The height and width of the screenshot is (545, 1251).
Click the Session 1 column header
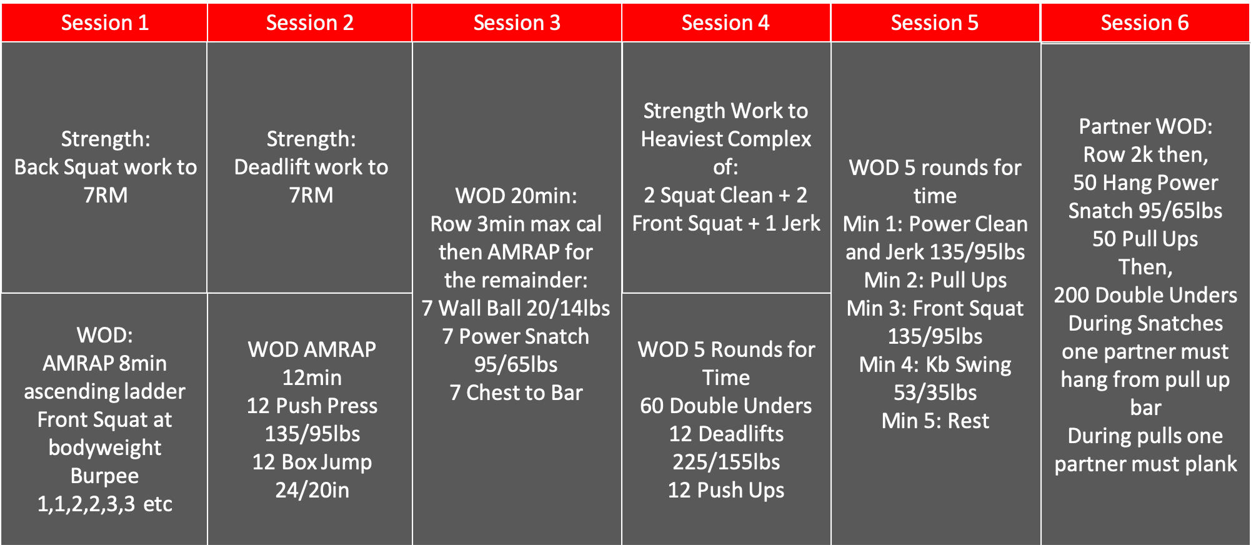click(x=104, y=23)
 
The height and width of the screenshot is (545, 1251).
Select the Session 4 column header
click(x=725, y=23)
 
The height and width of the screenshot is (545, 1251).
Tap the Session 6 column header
click(x=1145, y=23)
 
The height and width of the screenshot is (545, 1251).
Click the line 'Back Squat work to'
click(x=106, y=167)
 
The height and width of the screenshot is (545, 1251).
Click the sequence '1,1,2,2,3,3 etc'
click(x=104, y=504)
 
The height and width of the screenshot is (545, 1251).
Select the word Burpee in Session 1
click(x=104, y=476)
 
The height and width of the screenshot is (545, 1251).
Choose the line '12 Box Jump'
click(x=312, y=462)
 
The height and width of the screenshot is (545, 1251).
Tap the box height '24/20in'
click(x=312, y=491)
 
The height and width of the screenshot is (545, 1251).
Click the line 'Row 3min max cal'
click(x=516, y=224)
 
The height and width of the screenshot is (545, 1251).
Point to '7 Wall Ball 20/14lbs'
click(x=516, y=309)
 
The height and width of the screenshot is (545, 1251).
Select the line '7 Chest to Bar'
click(x=516, y=393)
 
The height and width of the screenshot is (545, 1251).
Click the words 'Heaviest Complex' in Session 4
click(x=726, y=139)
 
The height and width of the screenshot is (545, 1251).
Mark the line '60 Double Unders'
click(x=726, y=406)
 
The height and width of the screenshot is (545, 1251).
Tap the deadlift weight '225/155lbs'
click(x=726, y=462)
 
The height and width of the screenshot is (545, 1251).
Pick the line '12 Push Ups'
click(x=726, y=491)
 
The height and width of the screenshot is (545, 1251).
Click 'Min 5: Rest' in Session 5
click(x=935, y=421)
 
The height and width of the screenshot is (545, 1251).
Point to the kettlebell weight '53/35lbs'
click(x=935, y=393)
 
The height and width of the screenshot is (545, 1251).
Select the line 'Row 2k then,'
click(x=1145, y=155)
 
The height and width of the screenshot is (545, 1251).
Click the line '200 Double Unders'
click(x=1145, y=296)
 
